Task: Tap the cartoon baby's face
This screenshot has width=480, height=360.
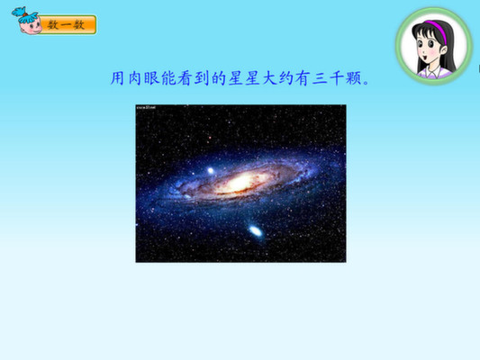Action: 31,27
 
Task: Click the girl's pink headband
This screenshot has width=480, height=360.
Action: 436,30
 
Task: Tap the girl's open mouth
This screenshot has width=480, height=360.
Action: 425,58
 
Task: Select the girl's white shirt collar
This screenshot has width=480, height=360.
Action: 434,72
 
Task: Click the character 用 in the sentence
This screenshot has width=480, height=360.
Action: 117,78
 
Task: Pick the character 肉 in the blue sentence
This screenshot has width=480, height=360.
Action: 134,78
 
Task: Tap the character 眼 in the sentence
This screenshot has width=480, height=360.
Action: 151,78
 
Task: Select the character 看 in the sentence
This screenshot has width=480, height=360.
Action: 185,78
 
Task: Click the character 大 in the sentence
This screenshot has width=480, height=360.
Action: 269,78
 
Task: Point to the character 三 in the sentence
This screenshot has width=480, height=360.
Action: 320,78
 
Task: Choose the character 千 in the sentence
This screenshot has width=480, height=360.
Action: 337,78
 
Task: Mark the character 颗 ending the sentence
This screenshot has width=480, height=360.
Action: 354,78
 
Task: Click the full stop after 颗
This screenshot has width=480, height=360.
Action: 366,83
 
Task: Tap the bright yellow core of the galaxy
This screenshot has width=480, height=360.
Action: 240,184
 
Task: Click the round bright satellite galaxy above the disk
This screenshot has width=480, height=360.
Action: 211,170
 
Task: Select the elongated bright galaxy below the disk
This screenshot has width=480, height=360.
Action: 255,230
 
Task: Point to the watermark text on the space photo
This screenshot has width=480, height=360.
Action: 146,107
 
